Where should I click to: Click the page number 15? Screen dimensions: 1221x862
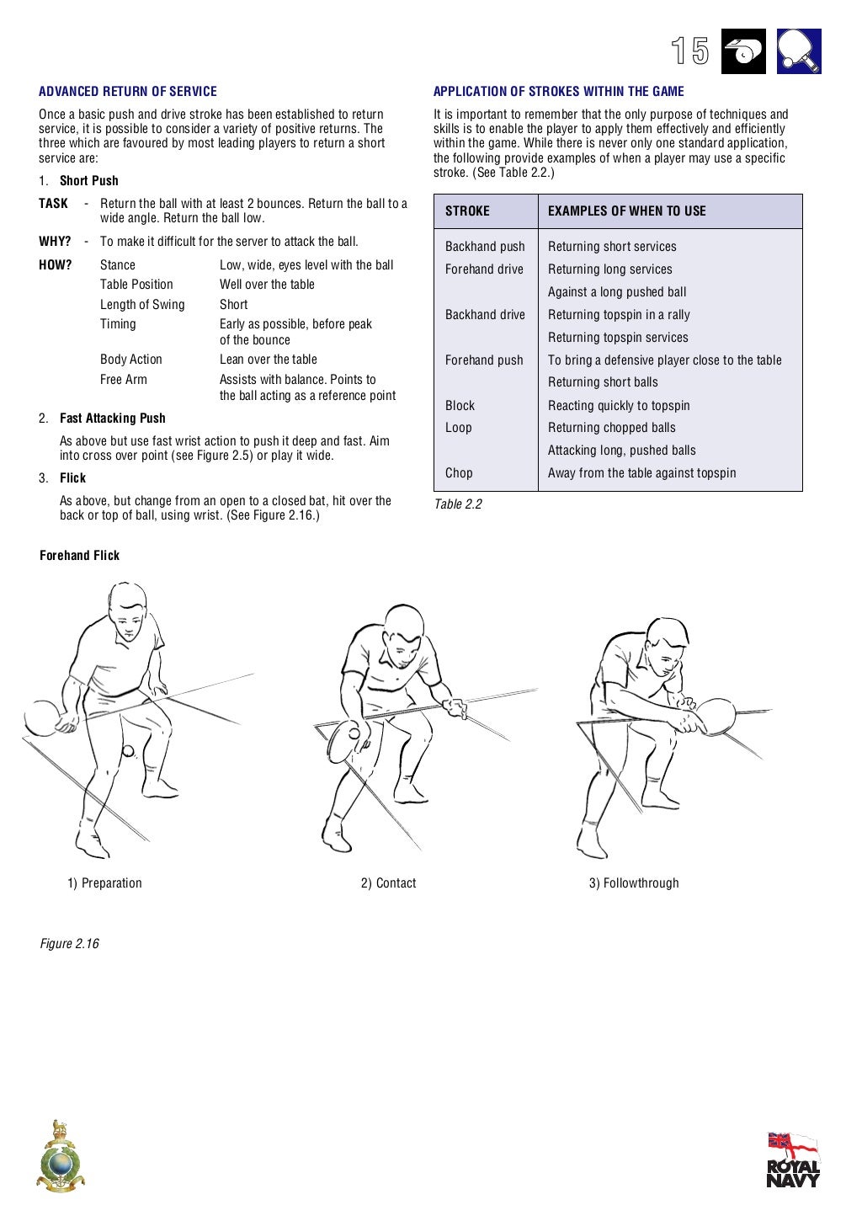pos(690,51)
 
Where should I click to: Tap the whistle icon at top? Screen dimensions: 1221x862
pos(743,51)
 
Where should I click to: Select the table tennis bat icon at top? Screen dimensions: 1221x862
pos(799,51)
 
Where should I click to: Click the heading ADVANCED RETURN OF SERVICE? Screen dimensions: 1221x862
pos(128,92)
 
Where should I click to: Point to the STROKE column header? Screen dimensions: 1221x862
pos(467,211)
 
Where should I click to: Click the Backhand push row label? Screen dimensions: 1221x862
pos(485,247)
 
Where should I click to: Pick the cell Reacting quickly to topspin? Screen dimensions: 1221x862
pos(619,406)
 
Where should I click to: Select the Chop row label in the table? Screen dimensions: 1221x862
pos(459,473)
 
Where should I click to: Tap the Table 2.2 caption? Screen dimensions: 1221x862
pos(458,504)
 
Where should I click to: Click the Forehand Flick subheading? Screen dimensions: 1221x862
pos(80,556)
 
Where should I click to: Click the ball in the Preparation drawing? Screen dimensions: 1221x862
pos(128,751)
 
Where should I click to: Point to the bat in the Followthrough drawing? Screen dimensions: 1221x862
pos(716,715)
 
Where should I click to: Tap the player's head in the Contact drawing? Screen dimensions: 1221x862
pos(403,630)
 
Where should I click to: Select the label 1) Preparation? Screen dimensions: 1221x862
pos(105,883)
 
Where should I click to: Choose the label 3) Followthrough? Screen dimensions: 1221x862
pos(634,883)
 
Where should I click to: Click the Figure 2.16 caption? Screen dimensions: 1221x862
pos(69,944)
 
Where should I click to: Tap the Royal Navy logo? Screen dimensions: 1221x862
pos(792,1160)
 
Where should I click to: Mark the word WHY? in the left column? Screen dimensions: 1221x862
pos(55,242)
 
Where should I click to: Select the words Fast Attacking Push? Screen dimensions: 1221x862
pos(113,419)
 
